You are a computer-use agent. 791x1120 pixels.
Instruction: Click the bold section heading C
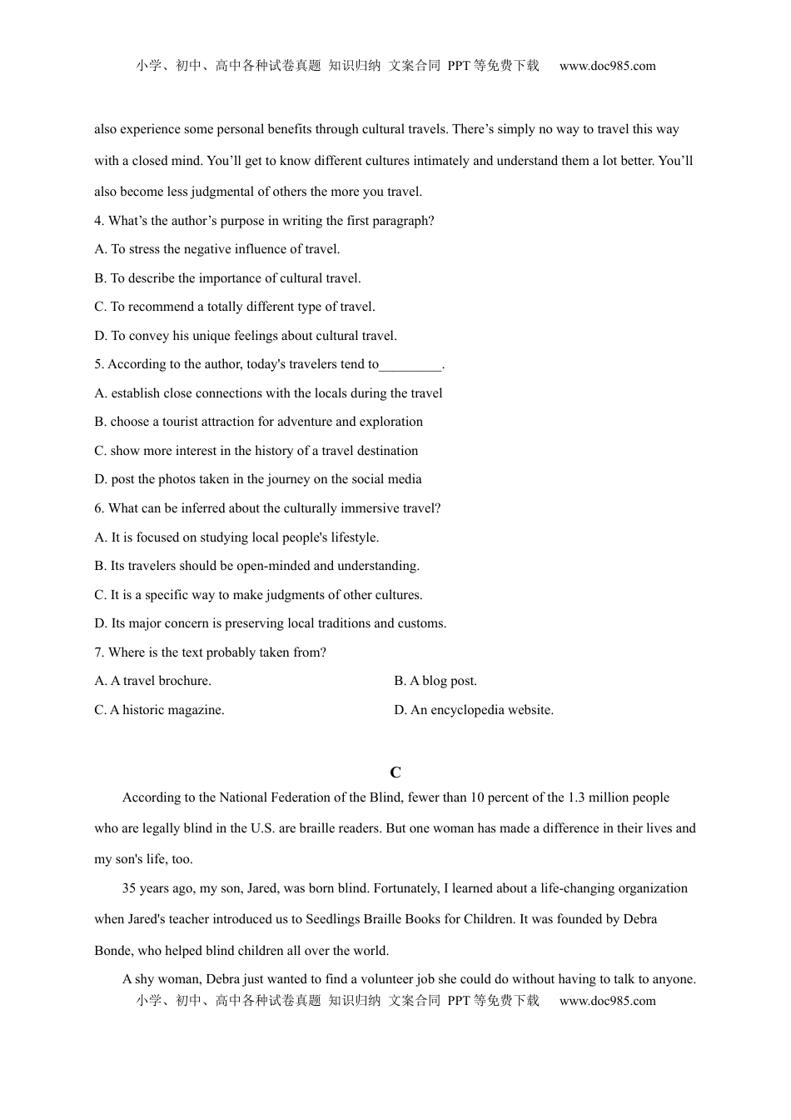point(395,772)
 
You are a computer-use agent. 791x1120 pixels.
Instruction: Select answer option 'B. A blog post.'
point(435,681)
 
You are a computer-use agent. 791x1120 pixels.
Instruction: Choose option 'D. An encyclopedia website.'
point(474,710)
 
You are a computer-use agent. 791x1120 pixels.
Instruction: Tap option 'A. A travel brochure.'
point(153,681)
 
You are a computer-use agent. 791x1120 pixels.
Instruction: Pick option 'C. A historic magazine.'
point(159,710)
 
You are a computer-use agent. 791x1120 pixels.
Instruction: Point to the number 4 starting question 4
point(98,221)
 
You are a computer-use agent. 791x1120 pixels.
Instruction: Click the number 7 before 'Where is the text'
point(98,652)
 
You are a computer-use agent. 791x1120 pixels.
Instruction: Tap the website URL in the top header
point(607,66)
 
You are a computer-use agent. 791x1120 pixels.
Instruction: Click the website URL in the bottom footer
point(607,1001)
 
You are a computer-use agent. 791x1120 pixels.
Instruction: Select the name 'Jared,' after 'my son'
point(264,888)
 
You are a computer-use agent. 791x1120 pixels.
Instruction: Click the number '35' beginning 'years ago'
point(129,888)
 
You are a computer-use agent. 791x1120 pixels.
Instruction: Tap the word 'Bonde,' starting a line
point(113,951)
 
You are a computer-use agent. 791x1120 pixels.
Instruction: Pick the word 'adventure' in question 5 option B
point(305,422)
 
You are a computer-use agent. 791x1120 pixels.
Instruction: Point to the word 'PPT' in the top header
point(459,66)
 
